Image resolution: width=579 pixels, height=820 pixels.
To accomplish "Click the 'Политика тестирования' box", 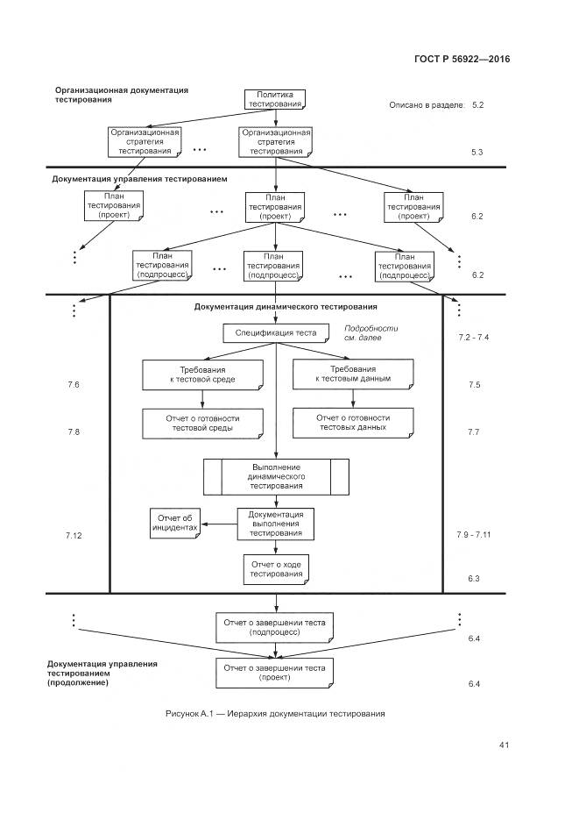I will pos(275,98).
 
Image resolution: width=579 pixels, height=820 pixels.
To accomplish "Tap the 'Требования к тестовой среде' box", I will pos(202,374).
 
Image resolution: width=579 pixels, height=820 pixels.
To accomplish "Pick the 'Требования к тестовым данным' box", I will pos(353,374).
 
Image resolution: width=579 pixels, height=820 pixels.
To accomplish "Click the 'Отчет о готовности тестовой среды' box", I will pos(202,424).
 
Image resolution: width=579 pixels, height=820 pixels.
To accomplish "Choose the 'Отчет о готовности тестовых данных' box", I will pos(353,424).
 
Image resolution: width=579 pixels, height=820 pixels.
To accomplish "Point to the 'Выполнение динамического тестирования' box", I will pos(275,476).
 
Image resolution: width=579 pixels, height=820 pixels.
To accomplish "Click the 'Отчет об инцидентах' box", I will pos(175,524).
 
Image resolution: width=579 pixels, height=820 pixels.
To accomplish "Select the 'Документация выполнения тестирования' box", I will pos(275,523).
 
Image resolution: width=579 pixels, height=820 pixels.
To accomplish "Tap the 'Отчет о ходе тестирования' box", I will pos(275,569).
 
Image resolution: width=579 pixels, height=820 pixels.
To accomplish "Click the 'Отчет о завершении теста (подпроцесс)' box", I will pos(275,626).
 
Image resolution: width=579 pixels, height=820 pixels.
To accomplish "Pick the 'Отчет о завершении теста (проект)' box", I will pos(275,672).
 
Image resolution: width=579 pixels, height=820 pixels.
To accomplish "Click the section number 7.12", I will pos(73,534).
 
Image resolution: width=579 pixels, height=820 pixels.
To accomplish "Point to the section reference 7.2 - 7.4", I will pos(473,338).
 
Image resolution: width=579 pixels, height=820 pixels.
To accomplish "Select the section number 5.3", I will pos(477,153).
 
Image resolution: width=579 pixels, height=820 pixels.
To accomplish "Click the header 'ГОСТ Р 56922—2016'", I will pos(462,60).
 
